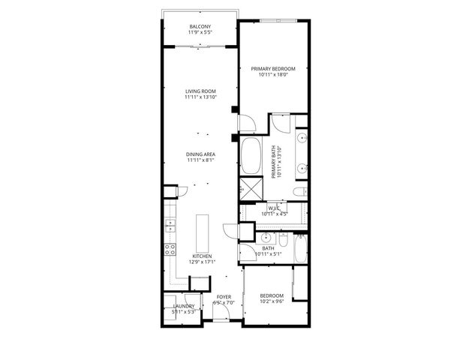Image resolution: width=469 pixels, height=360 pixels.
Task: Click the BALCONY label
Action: click(x=200, y=26)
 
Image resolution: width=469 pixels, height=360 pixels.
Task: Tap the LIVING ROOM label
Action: click(x=200, y=91)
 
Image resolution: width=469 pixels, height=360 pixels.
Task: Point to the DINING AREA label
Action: click(x=200, y=154)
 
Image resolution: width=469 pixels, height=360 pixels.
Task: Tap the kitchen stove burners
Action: click(x=170, y=250)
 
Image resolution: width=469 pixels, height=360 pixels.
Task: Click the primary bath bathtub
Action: click(x=250, y=155)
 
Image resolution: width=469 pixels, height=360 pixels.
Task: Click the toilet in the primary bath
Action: click(x=299, y=193)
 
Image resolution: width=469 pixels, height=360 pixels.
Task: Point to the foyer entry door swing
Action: click(x=219, y=317)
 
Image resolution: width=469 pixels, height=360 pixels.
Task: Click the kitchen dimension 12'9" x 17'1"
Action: click(x=202, y=262)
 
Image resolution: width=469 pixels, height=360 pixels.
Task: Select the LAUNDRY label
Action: click(x=184, y=306)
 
